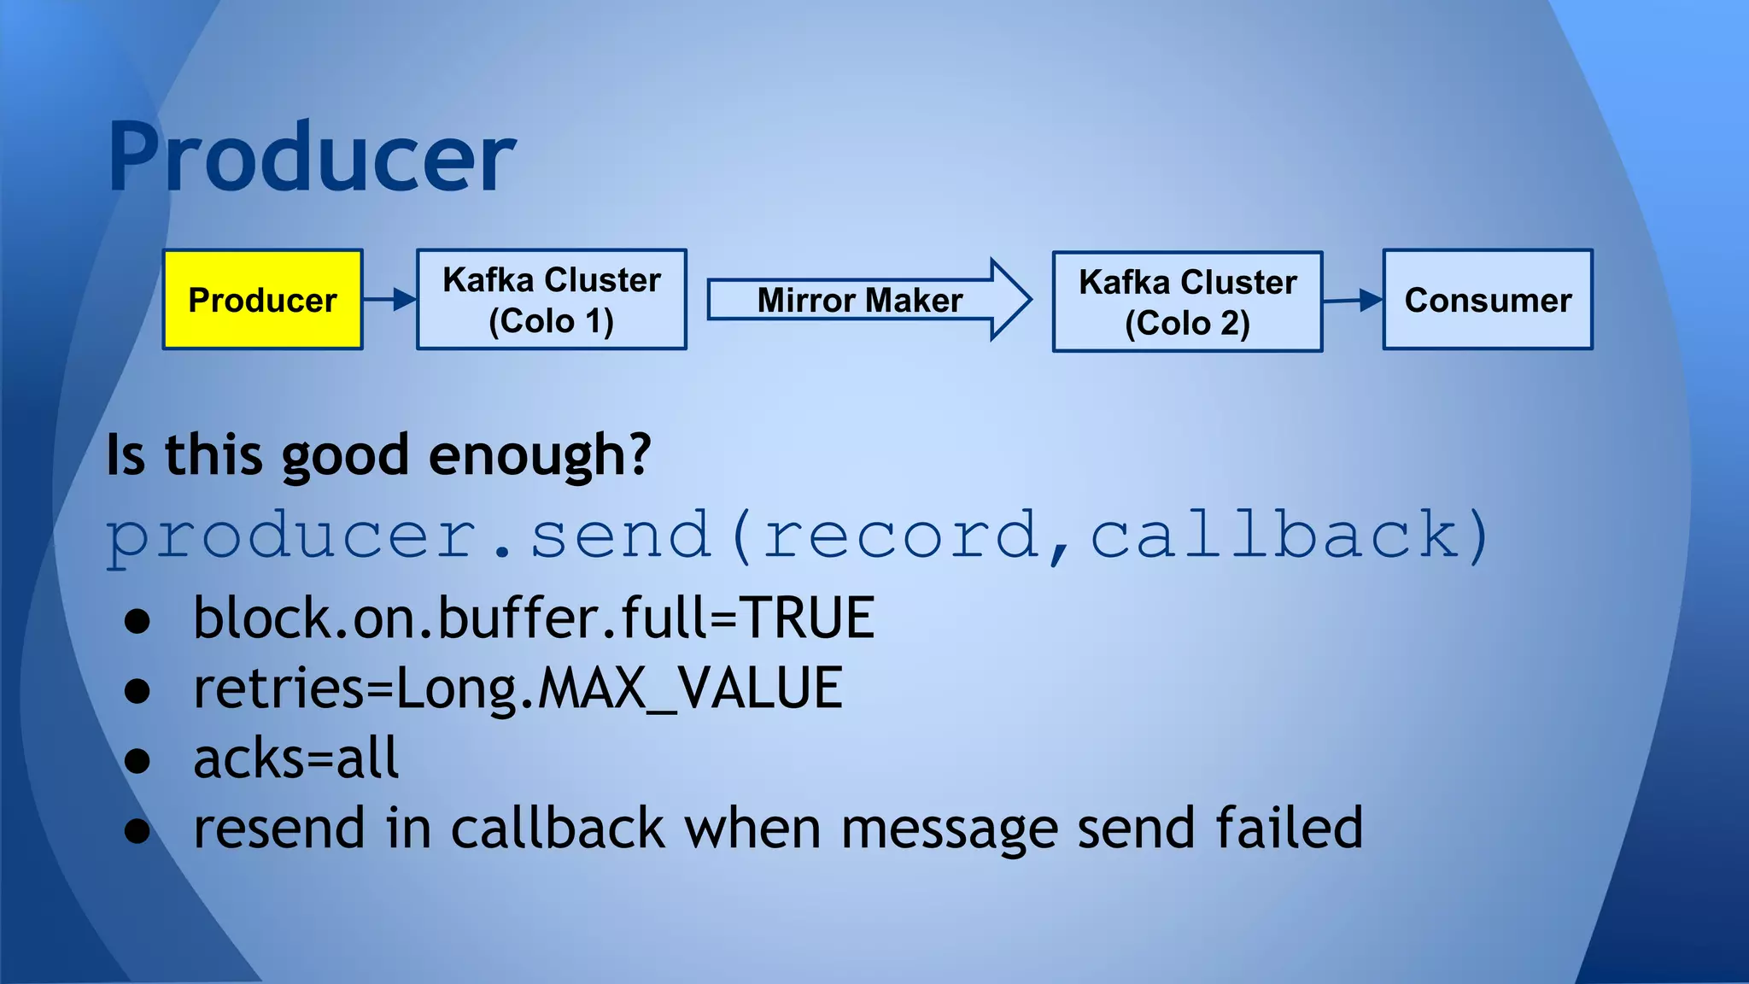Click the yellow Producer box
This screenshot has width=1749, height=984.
point(262,299)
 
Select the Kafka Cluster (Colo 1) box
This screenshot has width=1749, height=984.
point(551,299)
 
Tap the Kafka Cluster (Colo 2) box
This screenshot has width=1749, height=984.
point(1187,302)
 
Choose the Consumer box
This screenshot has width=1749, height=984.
point(1488,299)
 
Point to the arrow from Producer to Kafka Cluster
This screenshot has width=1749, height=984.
point(389,299)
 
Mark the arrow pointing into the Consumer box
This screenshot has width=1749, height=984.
point(1353,300)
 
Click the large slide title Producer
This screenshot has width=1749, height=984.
point(312,158)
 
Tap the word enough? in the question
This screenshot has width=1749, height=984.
point(540,454)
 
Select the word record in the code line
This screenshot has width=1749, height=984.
point(901,536)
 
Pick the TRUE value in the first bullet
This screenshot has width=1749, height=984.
point(807,618)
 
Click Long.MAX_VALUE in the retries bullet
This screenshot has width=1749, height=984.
point(619,688)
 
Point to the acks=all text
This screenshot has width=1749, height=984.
point(295,758)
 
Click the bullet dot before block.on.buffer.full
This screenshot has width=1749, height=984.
point(137,621)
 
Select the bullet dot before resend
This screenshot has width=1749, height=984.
point(137,830)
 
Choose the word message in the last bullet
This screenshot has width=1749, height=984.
point(950,829)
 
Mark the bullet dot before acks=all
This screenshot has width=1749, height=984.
point(137,760)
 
